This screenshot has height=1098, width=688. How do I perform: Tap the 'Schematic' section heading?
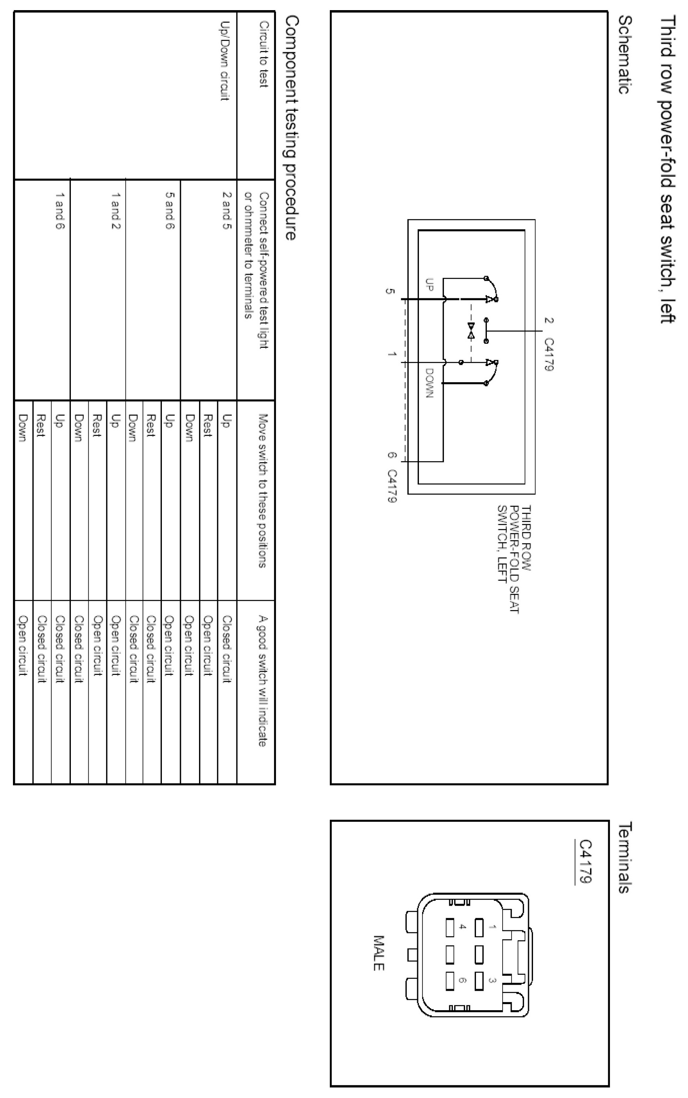pos(625,55)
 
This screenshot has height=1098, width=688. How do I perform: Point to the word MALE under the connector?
pos(378,953)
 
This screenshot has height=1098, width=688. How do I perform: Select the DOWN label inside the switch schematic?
pos(429,382)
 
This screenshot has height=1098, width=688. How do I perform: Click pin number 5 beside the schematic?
pos(389,291)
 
